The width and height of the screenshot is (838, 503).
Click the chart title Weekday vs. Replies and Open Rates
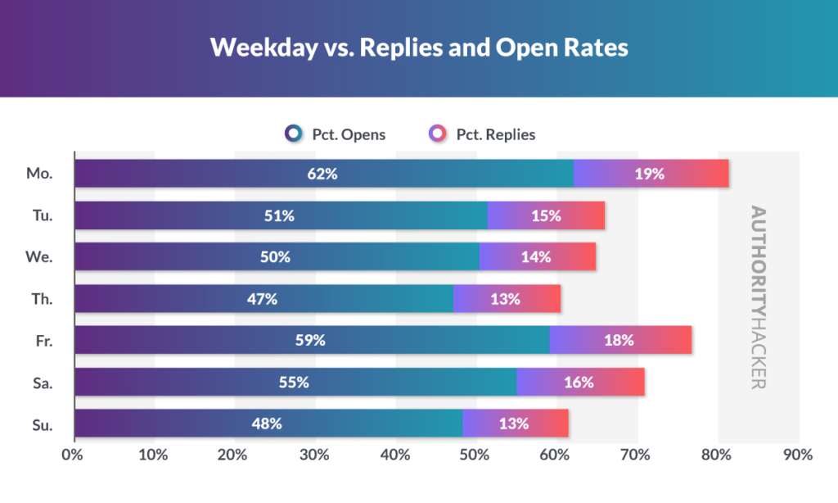[x=419, y=48]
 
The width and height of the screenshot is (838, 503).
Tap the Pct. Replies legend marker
[x=439, y=134]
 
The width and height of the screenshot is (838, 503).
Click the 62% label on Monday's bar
[x=323, y=174]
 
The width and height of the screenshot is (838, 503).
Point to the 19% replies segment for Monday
[x=651, y=174]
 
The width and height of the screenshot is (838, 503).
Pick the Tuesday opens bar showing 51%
[x=281, y=215]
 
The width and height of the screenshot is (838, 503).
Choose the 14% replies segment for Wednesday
[x=537, y=257]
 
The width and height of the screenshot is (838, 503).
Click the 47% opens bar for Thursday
[x=263, y=299]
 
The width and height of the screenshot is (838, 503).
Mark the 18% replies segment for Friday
[x=620, y=340]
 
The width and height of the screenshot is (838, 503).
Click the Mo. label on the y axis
[x=39, y=174]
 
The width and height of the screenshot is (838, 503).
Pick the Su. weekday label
[x=41, y=424]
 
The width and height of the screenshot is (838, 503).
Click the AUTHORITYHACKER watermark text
[x=758, y=297]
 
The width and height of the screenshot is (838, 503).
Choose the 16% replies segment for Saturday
[x=580, y=382]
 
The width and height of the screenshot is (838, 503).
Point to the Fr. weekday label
[x=42, y=340]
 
